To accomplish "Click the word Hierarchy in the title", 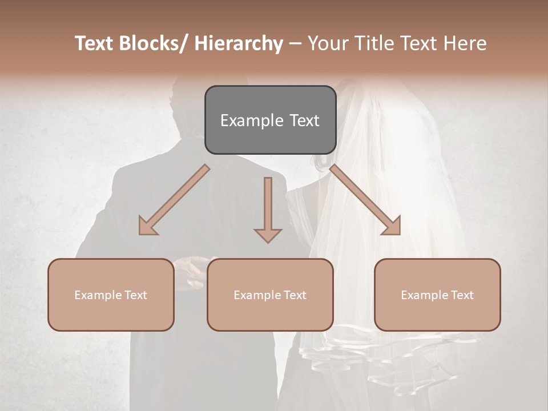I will pos(239,43).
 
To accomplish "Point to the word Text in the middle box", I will pos(295,295).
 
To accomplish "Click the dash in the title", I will pos(295,43).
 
